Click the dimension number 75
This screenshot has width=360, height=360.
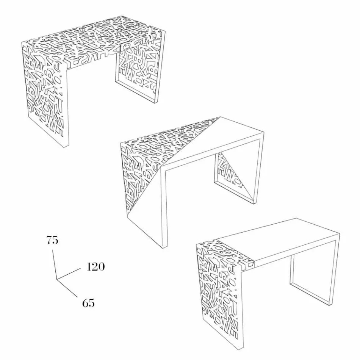coord(52,240)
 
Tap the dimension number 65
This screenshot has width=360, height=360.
coord(88,303)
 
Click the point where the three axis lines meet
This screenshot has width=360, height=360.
coord(57,279)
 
